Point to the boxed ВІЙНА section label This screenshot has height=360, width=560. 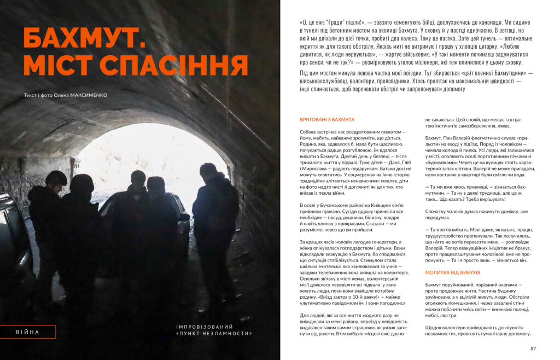click(x=27, y=332)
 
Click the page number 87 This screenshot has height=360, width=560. click(x=533, y=349)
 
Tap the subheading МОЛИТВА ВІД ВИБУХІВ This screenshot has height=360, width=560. click(x=452, y=272)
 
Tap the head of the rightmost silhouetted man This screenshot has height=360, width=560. click(x=208, y=170)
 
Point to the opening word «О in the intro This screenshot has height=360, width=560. click(x=304, y=23)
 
